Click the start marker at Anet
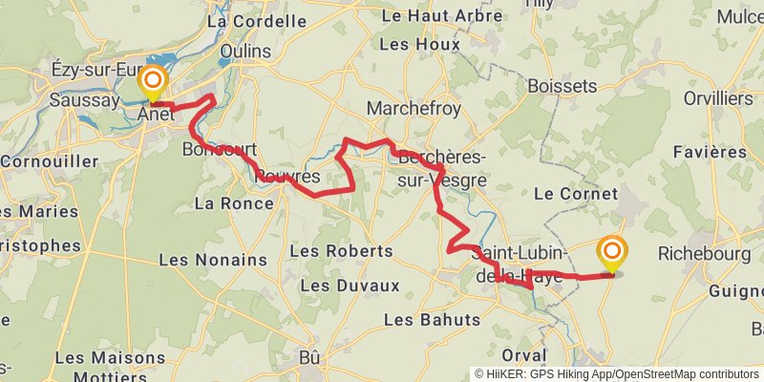(153, 83)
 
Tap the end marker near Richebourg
(612, 254)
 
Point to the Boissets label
(562, 86)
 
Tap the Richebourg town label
(706, 254)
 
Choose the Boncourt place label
(219, 149)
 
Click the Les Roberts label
(340, 251)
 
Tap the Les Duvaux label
(350, 286)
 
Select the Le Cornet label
(576, 193)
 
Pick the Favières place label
(710, 152)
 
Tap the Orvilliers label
(717, 98)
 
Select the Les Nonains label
(213, 260)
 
